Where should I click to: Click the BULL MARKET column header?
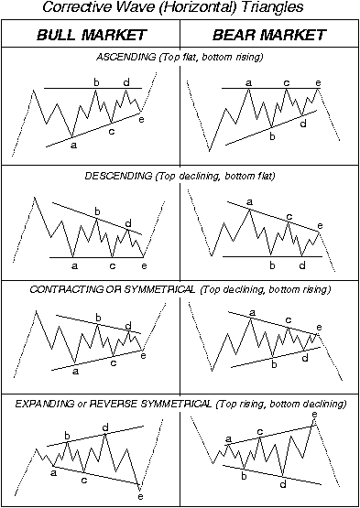point(90,36)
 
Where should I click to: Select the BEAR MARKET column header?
point(269,36)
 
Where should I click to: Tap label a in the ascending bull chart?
point(73,145)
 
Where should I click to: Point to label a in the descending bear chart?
point(249,202)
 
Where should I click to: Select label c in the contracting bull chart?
point(113,362)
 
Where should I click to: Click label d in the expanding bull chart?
point(106,427)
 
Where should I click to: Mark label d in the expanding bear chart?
point(283,482)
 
